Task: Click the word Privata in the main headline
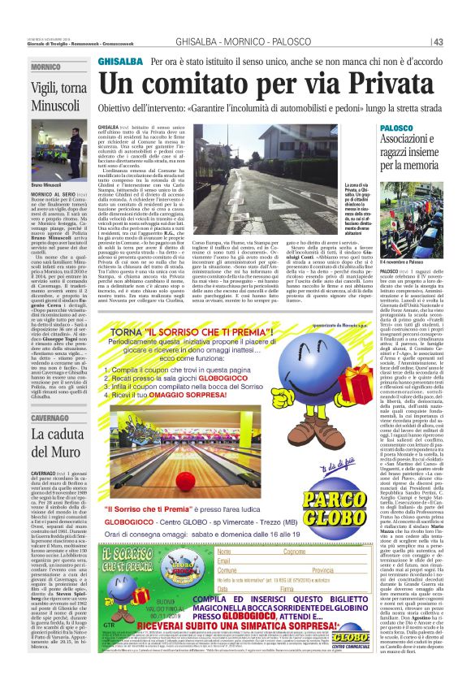(x=370, y=84)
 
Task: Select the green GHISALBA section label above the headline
(x=118, y=62)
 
